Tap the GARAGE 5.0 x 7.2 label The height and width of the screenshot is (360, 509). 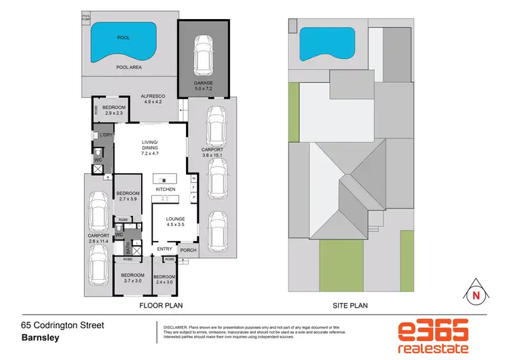coord(203,86)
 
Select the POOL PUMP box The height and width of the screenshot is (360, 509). coord(86,18)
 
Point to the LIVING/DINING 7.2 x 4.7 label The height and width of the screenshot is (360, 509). coord(150,149)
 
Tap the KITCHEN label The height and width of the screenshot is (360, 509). coord(166,188)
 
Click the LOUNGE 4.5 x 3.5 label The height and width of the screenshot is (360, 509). coord(176,221)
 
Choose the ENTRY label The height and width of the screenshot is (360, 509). coord(165,249)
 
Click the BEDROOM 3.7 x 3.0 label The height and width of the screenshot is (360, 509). coord(132,278)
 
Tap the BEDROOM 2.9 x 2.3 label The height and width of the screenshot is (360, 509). coord(115,111)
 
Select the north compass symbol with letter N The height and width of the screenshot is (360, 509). coord(476,294)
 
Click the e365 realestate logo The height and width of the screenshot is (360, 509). coord(433,336)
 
